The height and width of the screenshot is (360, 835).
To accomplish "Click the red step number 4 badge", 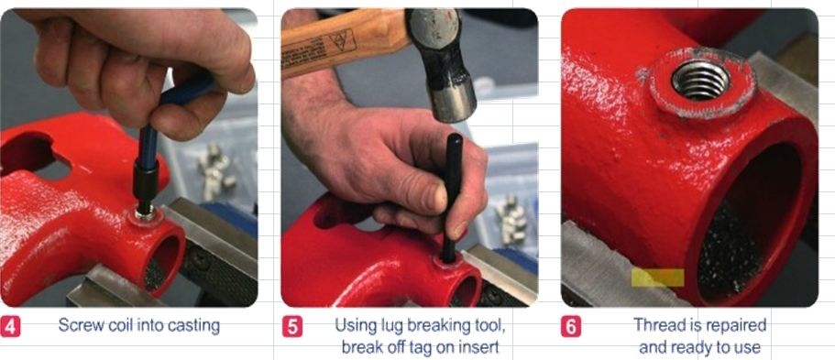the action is (11, 326).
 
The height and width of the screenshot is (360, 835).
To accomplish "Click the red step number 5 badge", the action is (292, 326).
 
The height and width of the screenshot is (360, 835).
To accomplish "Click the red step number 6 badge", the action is (571, 326).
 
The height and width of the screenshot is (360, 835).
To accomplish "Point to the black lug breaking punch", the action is (452, 197).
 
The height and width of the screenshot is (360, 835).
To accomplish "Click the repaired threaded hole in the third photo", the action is (700, 80).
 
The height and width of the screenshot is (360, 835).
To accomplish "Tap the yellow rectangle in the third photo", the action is (658, 278).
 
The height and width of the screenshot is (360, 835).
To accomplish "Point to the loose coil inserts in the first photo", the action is (215, 168).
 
